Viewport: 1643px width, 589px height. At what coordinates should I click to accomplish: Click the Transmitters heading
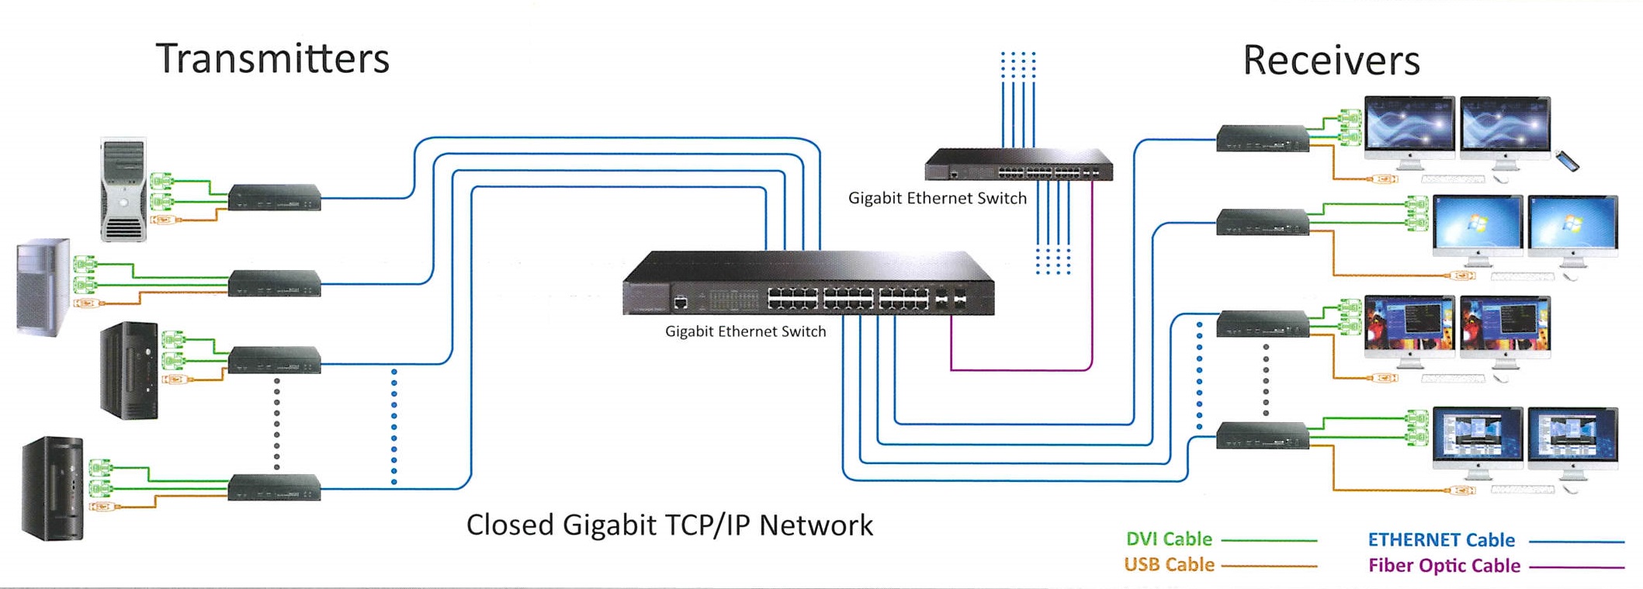(272, 59)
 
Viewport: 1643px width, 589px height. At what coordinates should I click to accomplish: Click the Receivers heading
(1331, 61)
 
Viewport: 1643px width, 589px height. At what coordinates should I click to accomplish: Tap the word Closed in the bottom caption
(508, 525)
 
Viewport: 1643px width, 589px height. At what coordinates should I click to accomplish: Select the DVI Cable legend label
(1169, 539)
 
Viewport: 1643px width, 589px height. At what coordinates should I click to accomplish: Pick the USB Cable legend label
(1169, 564)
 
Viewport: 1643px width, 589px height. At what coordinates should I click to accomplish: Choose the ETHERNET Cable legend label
(1441, 539)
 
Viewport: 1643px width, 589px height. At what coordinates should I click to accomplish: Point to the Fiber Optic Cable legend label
(1444, 566)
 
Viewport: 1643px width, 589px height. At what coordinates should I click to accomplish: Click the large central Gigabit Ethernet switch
(808, 284)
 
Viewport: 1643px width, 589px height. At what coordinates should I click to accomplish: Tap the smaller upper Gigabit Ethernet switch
(1018, 165)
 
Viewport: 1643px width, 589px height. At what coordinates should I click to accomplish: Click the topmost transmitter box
(275, 197)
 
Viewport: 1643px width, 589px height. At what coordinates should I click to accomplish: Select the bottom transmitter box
(275, 487)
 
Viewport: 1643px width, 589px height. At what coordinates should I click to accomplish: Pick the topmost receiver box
(1263, 138)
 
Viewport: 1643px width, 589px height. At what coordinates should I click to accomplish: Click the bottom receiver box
(1263, 435)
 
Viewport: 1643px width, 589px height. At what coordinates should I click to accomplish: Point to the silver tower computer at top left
(123, 190)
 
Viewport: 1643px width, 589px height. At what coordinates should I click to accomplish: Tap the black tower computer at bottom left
(53, 488)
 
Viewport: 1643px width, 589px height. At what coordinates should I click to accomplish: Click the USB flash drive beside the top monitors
(1568, 161)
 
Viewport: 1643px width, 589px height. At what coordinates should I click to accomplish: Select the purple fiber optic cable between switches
(1021, 369)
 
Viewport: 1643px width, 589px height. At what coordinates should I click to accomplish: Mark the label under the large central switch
(745, 331)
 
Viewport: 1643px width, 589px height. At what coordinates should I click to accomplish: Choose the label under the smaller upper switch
(937, 198)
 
